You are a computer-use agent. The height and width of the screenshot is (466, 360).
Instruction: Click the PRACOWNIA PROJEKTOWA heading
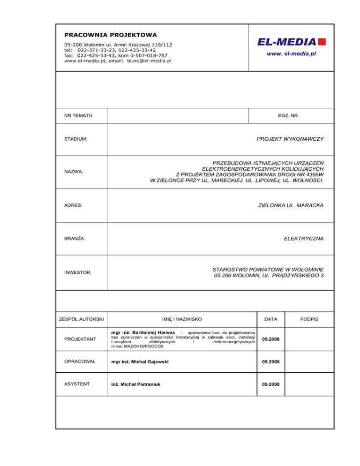point(110,35)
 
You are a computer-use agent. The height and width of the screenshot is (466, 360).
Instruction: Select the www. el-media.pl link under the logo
point(292,54)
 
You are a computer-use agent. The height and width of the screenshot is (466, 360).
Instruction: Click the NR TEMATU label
point(78,115)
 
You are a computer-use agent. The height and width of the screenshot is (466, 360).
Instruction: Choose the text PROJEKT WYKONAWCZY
point(290,139)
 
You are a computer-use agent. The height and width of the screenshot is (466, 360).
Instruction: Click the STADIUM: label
point(76,139)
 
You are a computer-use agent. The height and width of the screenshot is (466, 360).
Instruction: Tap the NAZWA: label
point(73,172)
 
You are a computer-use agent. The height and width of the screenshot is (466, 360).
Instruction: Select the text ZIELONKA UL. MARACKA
point(291,205)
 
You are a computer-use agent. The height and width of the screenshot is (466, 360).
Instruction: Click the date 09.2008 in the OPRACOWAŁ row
point(271,362)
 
